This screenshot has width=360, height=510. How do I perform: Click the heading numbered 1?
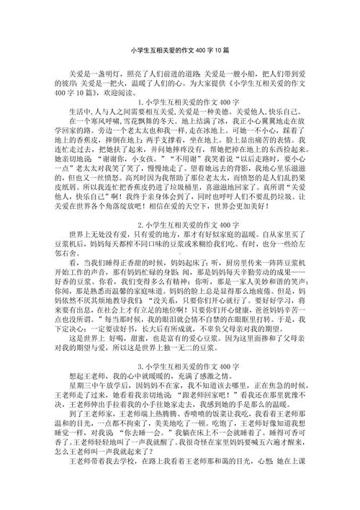tap(181, 101)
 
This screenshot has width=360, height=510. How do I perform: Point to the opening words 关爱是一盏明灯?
tap(94, 73)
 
